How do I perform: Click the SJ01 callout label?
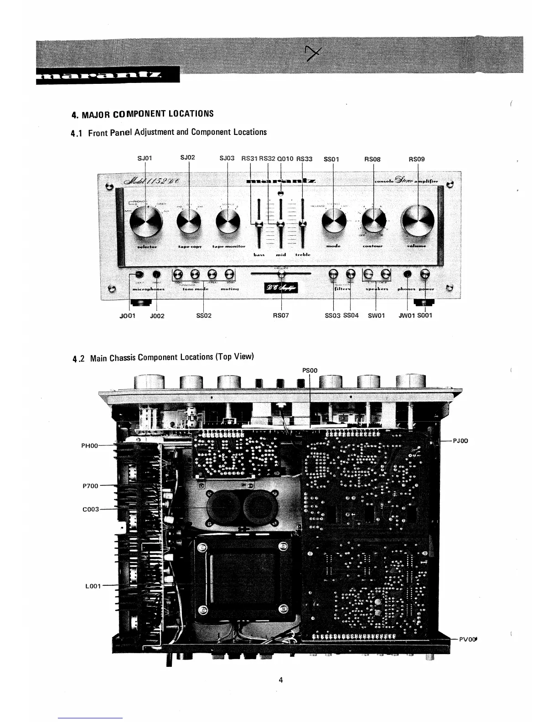click(x=145, y=158)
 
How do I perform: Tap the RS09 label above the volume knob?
click(x=417, y=159)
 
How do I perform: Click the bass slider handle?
click(x=258, y=223)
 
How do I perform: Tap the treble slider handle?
click(x=301, y=223)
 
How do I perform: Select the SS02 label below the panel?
click(x=203, y=315)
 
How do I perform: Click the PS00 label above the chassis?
click(x=310, y=371)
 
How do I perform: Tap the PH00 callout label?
click(x=89, y=445)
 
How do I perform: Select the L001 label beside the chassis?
click(x=93, y=586)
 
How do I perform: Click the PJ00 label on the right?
click(x=461, y=441)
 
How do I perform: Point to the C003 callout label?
click(x=90, y=509)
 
